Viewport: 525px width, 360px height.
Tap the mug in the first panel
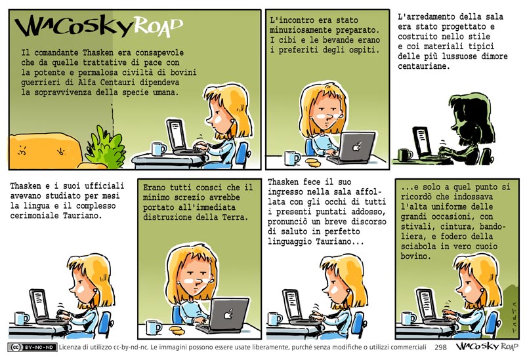(x=158, y=149)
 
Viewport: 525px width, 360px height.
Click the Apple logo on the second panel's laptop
(x=357, y=147)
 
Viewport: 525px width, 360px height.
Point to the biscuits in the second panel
(x=313, y=162)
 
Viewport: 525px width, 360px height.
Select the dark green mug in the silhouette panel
(x=405, y=155)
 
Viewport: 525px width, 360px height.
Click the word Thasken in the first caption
(x=100, y=52)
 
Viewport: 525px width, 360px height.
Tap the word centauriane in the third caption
(x=422, y=66)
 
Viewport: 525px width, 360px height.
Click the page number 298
(x=440, y=348)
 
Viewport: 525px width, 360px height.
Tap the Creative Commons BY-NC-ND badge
(x=32, y=348)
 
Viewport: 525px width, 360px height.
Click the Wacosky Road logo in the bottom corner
(x=487, y=347)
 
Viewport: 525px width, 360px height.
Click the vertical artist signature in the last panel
(x=513, y=317)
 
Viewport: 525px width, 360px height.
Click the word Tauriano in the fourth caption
(x=83, y=216)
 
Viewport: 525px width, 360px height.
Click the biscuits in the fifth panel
(x=177, y=330)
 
